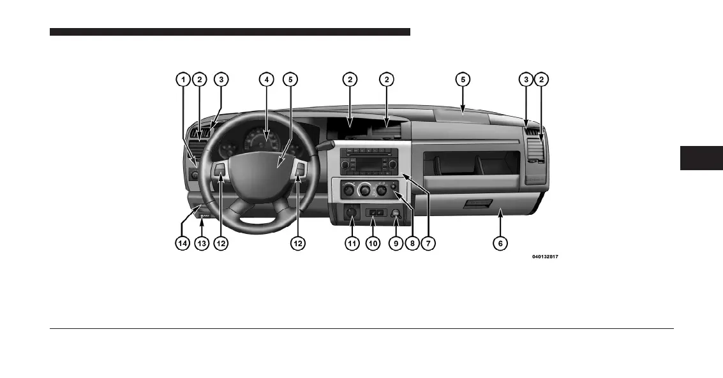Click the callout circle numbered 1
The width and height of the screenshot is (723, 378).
point(183,80)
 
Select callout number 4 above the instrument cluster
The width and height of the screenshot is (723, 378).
point(266,80)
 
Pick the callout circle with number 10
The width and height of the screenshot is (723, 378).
point(373,243)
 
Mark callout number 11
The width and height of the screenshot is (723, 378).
point(351,243)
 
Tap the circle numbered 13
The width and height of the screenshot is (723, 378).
point(202,243)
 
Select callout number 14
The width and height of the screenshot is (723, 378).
point(183,243)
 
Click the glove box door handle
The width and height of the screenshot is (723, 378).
point(478,203)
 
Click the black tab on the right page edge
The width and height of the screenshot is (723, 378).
point(701,158)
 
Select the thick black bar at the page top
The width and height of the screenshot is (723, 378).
point(230,32)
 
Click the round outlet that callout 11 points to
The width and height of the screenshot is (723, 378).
point(350,214)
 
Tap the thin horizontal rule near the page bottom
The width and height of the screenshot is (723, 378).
point(361,329)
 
